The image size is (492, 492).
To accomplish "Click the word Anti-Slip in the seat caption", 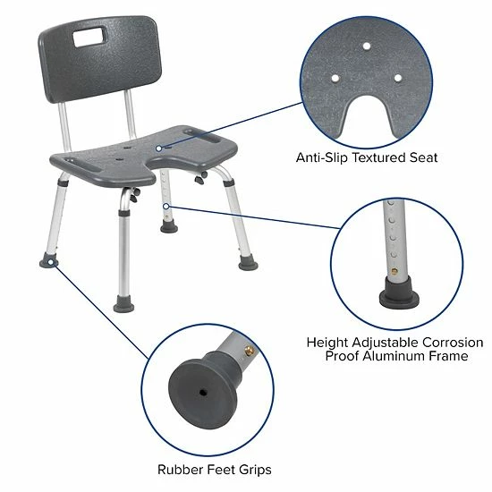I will [324, 158].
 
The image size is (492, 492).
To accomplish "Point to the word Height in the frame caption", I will [328, 342].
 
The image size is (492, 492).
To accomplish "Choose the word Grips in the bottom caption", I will [253, 470].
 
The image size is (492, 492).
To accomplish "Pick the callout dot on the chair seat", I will [159, 148].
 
